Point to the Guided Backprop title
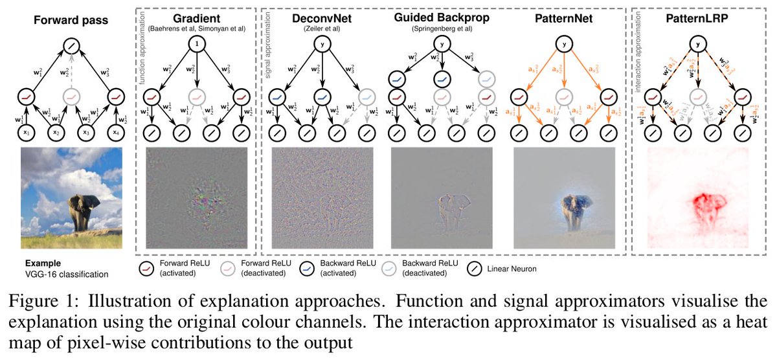point(441,16)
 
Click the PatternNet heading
point(566,16)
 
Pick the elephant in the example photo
point(84,207)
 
